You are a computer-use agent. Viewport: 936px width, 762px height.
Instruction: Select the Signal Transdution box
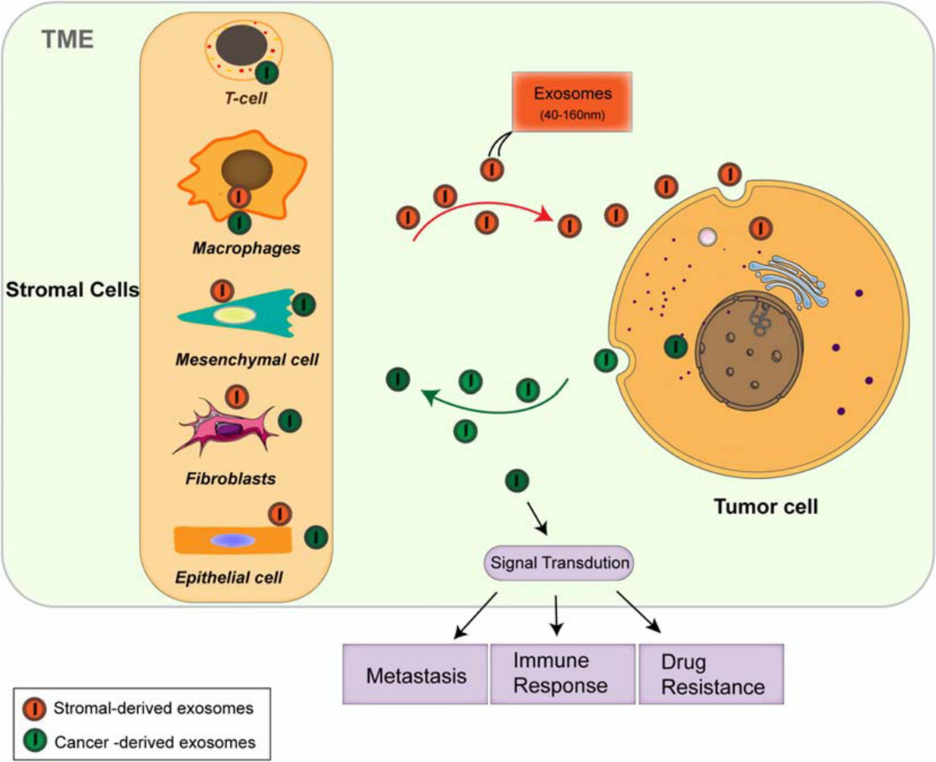coord(559,562)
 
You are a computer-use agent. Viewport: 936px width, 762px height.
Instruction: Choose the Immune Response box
coord(560,674)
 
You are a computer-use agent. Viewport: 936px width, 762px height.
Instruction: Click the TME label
coord(68,40)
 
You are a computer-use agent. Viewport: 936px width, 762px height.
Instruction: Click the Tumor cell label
coord(766,508)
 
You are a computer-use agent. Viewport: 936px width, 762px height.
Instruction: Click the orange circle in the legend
coord(32,708)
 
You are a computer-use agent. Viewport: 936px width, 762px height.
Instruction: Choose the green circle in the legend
coord(32,736)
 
